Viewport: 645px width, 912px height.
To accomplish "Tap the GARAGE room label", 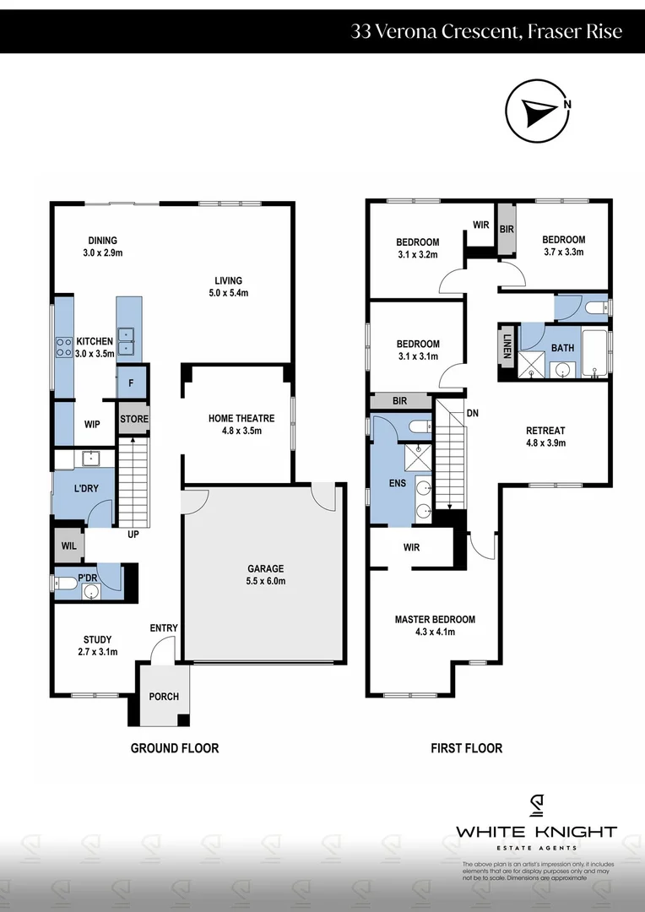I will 265,568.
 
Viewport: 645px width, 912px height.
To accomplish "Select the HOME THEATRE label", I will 241,418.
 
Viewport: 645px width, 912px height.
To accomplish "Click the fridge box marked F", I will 132,382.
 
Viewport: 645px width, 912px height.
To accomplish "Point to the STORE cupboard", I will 133,419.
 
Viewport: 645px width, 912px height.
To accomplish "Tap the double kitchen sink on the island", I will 126,339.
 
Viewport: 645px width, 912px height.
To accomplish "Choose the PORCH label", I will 164,697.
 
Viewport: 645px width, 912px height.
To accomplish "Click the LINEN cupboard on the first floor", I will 507,345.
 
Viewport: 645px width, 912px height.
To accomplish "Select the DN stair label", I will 473,414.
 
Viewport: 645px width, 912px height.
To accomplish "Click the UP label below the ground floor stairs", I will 133,535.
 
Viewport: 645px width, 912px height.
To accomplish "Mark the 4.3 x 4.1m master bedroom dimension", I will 435,632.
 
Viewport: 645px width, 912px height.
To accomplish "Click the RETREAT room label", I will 545,430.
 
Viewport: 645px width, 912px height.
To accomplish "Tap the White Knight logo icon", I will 536,806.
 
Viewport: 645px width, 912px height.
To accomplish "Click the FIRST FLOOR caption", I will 466,748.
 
